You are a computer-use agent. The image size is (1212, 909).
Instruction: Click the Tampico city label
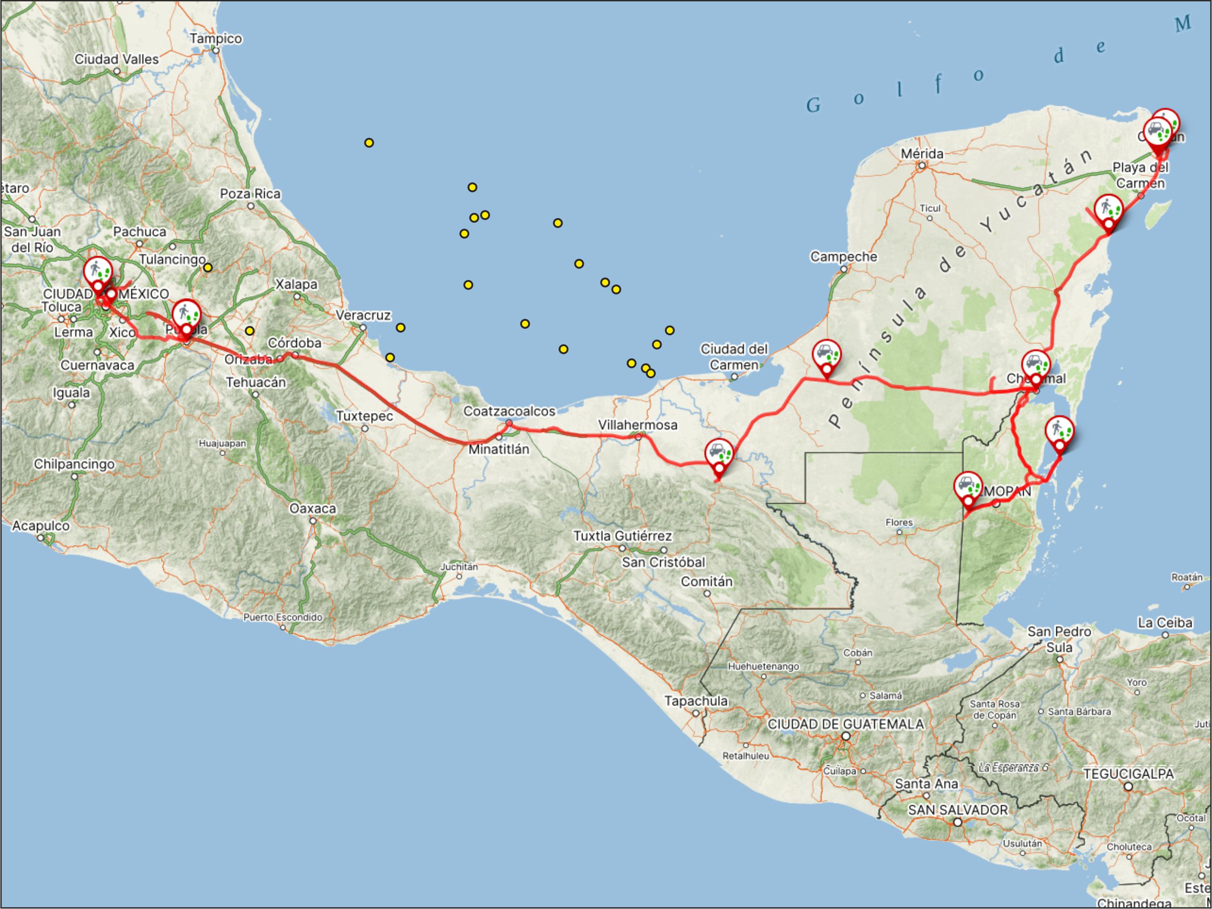(215, 38)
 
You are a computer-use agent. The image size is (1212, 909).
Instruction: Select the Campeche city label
(843, 257)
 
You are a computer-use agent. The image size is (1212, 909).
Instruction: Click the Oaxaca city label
(312, 509)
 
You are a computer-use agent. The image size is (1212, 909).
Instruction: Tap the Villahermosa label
(637, 425)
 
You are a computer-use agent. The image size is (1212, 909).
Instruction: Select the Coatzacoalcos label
(509, 411)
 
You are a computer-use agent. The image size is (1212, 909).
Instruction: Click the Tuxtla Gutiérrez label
(622, 535)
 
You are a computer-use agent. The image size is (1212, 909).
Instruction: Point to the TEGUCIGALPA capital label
(1128, 774)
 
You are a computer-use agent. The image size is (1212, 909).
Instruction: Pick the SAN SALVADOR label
(957, 809)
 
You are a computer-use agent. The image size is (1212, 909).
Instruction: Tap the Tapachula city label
(696, 700)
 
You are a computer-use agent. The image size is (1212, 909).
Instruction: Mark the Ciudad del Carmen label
(734, 357)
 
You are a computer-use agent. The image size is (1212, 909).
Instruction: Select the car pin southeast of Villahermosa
(719, 455)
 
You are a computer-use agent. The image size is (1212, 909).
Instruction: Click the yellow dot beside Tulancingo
(208, 268)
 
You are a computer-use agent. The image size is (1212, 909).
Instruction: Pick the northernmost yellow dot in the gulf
(369, 143)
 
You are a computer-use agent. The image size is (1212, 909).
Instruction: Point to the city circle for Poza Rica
(250, 206)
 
